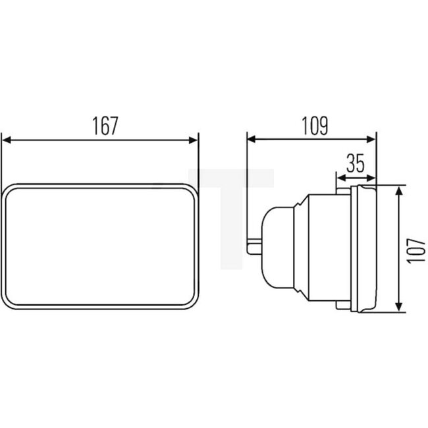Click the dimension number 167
pyautogui.click(x=105, y=126)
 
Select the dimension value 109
pyautogui.click(x=313, y=126)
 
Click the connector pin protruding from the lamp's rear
pyautogui.click(x=255, y=247)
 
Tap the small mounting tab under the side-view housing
pyautogui.click(x=342, y=304)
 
